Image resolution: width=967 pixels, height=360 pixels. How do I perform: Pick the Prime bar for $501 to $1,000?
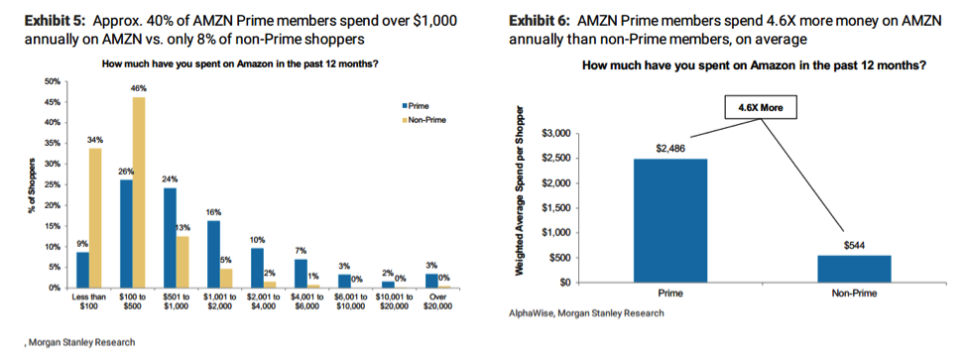pyautogui.click(x=170, y=237)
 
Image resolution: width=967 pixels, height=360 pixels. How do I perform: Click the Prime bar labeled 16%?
pyautogui.click(x=213, y=254)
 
